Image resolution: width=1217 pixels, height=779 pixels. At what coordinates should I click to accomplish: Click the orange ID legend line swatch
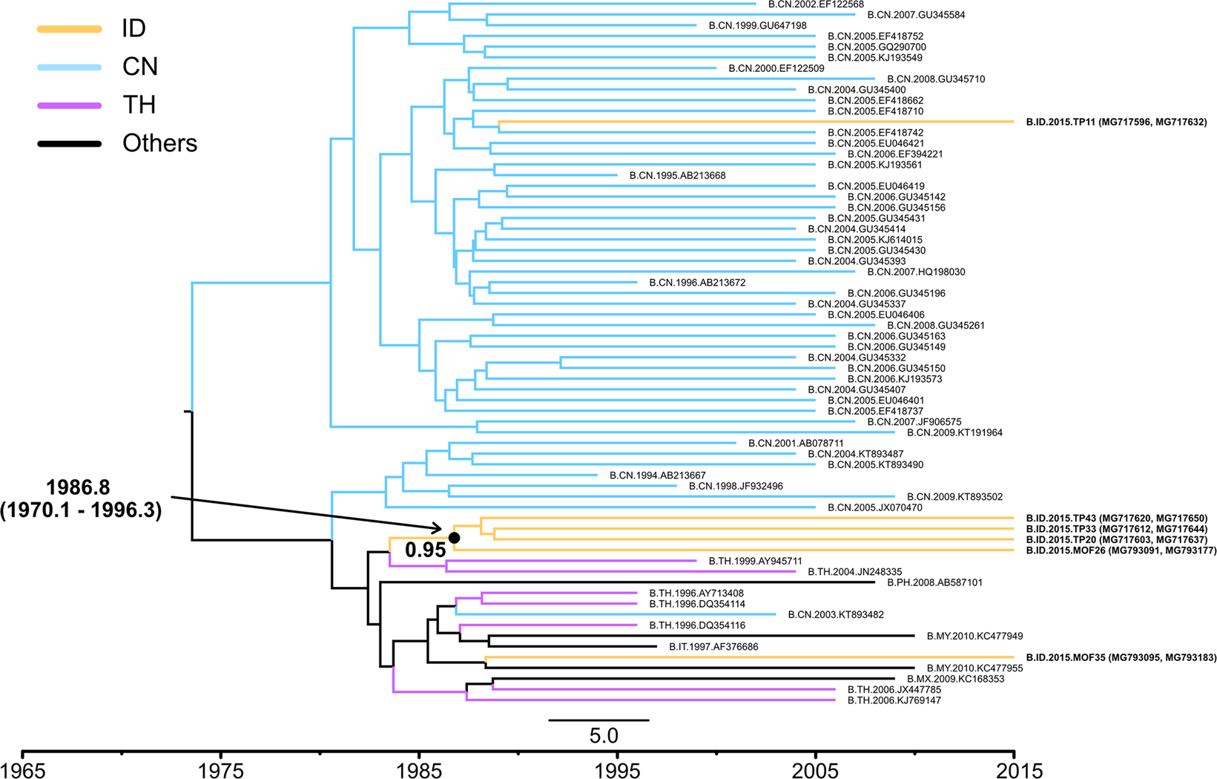pyautogui.click(x=69, y=29)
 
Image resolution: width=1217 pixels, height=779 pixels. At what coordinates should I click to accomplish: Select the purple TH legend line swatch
pyautogui.click(x=69, y=106)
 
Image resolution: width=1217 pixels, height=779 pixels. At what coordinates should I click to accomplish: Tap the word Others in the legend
pyautogui.click(x=159, y=143)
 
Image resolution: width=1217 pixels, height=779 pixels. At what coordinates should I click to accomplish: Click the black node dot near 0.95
pyautogui.click(x=455, y=537)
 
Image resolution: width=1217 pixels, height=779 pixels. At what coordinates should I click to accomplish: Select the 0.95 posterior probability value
pyautogui.click(x=425, y=550)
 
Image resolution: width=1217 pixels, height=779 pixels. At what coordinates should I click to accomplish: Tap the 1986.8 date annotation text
pyautogui.click(x=78, y=487)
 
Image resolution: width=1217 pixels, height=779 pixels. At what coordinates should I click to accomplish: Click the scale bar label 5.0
pyautogui.click(x=603, y=736)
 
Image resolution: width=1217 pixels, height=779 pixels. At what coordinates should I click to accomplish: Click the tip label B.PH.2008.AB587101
pyautogui.click(x=934, y=582)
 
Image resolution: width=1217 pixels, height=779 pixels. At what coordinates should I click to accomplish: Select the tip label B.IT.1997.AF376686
pyautogui.click(x=713, y=647)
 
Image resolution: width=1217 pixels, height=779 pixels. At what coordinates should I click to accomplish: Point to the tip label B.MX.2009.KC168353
pyautogui.click(x=955, y=679)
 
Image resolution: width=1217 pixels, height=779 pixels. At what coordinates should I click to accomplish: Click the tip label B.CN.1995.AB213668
pyautogui.click(x=677, y=176)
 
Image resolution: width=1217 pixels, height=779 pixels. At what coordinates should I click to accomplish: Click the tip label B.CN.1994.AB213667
pyautogui.click(x=657, y=476)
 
